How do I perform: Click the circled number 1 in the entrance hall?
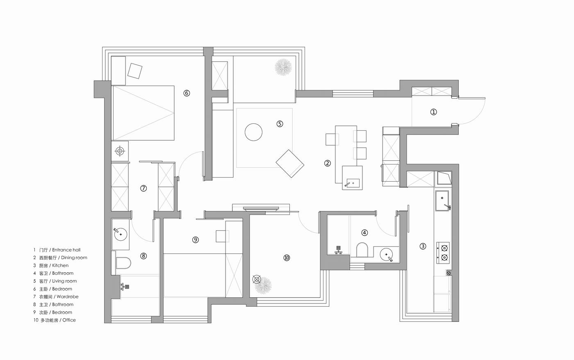point(433,112)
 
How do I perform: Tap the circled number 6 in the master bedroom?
point(187,93)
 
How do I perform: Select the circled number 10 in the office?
point(287,258)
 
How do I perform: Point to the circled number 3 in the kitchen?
point(423,246)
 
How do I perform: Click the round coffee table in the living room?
point(253,132)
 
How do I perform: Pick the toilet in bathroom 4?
point(362,250)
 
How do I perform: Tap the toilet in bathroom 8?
point(123,263)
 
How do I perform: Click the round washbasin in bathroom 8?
point(121,234)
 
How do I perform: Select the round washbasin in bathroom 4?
point(386,255)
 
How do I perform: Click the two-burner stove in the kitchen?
point(443,253)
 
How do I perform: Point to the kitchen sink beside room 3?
point(442,201)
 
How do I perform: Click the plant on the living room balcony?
point(283,67)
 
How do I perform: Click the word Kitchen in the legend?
point(60,265)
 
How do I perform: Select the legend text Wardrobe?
point(67,297)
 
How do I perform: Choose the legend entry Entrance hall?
point(66,250)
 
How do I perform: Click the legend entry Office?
point(69,320)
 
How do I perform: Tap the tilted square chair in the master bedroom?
point(135,71)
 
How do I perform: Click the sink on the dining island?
point(352,183)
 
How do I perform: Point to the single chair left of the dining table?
point(332,139)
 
